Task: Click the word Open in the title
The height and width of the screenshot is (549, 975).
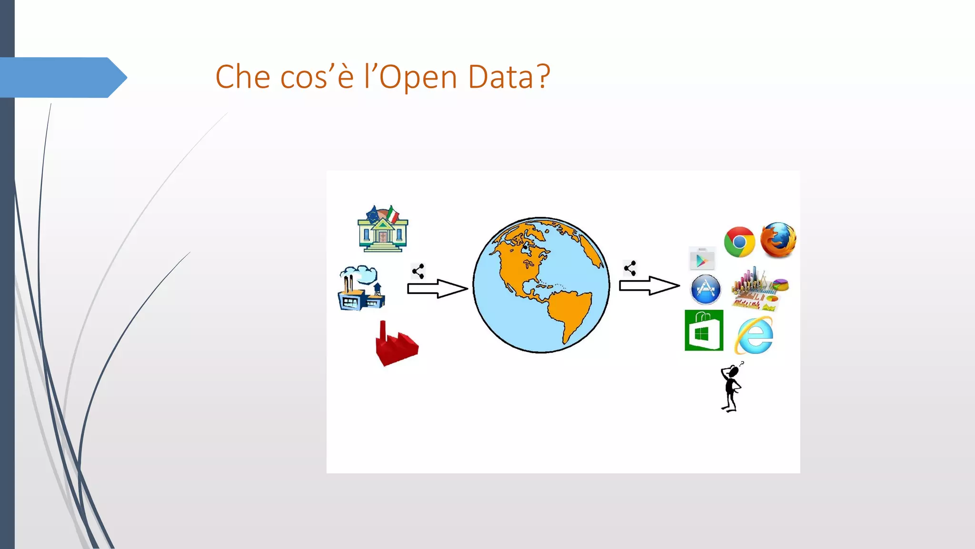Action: [418, 77]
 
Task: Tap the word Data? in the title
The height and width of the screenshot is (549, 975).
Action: [509, 77]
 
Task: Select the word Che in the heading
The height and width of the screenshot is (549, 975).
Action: [243, 77]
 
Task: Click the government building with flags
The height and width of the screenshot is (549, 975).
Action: [383, 229]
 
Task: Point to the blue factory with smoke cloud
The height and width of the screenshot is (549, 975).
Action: [361, 288]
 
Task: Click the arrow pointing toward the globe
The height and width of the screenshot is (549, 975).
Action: [437, 288]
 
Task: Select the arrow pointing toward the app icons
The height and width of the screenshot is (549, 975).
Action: [649, 285]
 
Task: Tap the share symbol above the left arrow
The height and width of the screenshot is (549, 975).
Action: [418, 271]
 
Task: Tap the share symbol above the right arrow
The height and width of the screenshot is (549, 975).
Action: [630, 268]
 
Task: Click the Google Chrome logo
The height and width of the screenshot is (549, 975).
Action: [739, 242]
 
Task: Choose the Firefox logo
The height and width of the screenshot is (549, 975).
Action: [778, 240]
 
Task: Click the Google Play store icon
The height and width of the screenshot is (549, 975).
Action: [702, 259]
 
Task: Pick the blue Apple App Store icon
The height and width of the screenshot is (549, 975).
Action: [706, 289]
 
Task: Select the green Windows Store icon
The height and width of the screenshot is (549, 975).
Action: [704, 330]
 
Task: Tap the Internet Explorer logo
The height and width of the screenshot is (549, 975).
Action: [754, 335]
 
